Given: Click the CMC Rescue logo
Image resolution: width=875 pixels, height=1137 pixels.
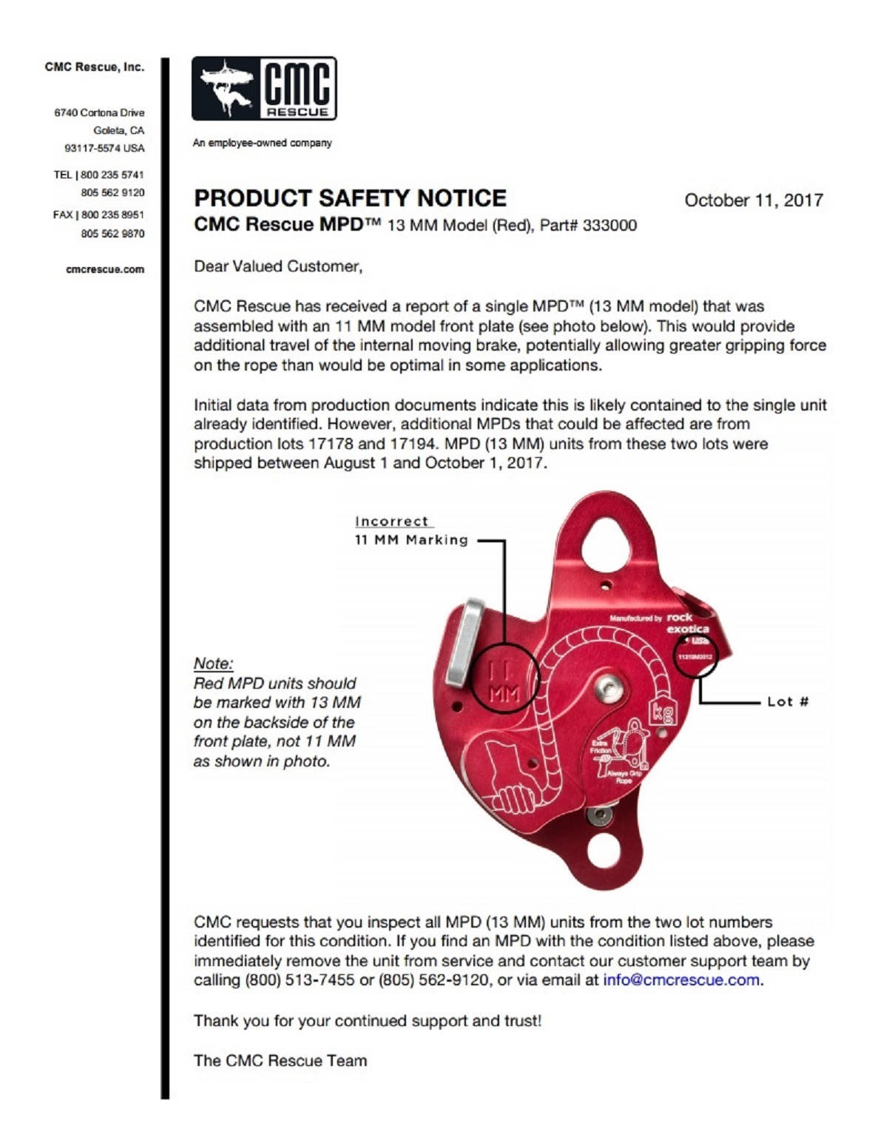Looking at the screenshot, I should pos(264,89).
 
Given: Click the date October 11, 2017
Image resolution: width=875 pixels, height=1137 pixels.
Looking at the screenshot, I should pos(753,200).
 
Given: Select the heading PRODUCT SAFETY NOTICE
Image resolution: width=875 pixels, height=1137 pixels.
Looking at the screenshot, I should pos(350,198).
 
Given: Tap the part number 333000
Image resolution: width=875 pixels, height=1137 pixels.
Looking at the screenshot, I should pos(609,226).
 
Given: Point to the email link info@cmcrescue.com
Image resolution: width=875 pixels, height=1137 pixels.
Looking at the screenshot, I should pos(681,980).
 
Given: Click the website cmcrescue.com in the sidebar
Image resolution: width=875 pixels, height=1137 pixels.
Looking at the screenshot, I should pos(105,269).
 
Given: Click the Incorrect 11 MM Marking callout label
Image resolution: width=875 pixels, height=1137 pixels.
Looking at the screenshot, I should pos(411,531).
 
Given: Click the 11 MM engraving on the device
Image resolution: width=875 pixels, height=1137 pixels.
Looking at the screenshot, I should pos(506,681).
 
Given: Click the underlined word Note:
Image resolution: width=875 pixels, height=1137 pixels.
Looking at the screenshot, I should pos(213,664).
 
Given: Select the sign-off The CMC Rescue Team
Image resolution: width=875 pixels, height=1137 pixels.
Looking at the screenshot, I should pos(280,1061).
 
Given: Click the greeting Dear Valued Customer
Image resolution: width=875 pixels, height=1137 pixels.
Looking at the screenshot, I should pos(278,266).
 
